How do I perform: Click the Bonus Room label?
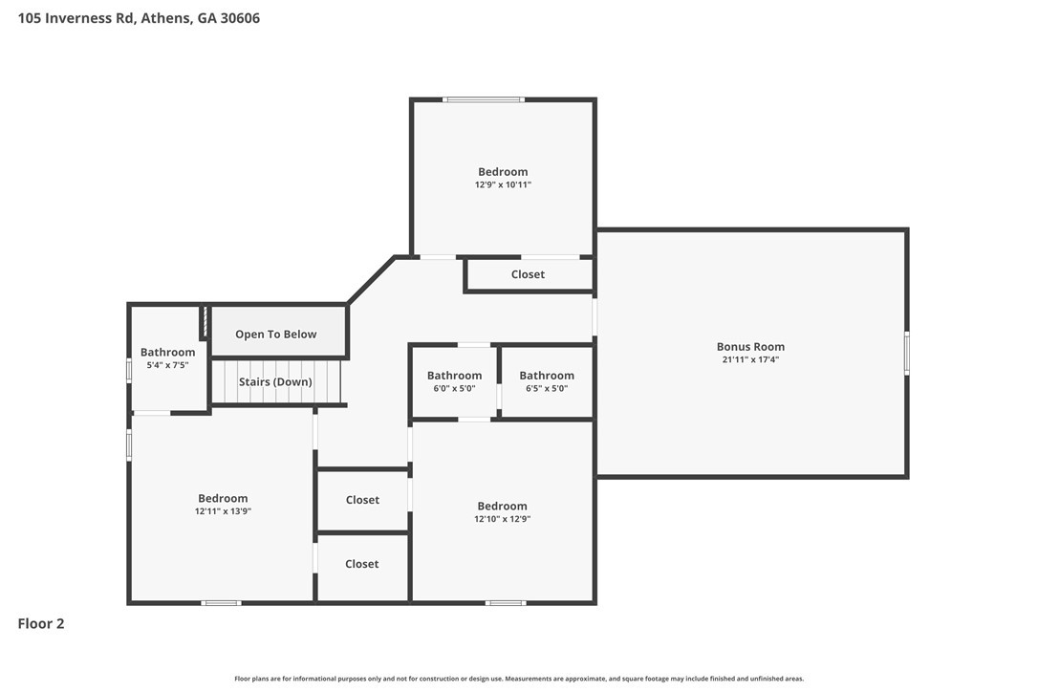(750, 347)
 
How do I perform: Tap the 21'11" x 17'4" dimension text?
(750, 360)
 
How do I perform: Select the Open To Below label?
(276, 335)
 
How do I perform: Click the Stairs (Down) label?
(275, 382)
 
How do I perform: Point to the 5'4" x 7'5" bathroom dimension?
(167, 365)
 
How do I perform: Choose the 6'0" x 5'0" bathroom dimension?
(454, 388)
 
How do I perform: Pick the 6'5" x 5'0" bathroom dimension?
(547, 388)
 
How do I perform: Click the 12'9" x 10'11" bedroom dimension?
(503, 184)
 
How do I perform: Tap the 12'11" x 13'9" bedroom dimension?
(223, 511)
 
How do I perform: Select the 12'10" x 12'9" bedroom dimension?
(502, 519)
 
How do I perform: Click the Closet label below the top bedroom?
(528, 274)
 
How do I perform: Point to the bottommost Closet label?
(361, 564)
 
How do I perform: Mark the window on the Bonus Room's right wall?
(906, 353)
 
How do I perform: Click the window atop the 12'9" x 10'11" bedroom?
(483, 99)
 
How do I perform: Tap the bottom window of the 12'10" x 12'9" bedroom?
(506, 602)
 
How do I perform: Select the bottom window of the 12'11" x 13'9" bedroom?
(221, 602)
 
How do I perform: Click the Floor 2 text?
(41, 624)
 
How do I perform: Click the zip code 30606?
(239, 18)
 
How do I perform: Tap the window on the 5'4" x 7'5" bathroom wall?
(130, 370)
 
